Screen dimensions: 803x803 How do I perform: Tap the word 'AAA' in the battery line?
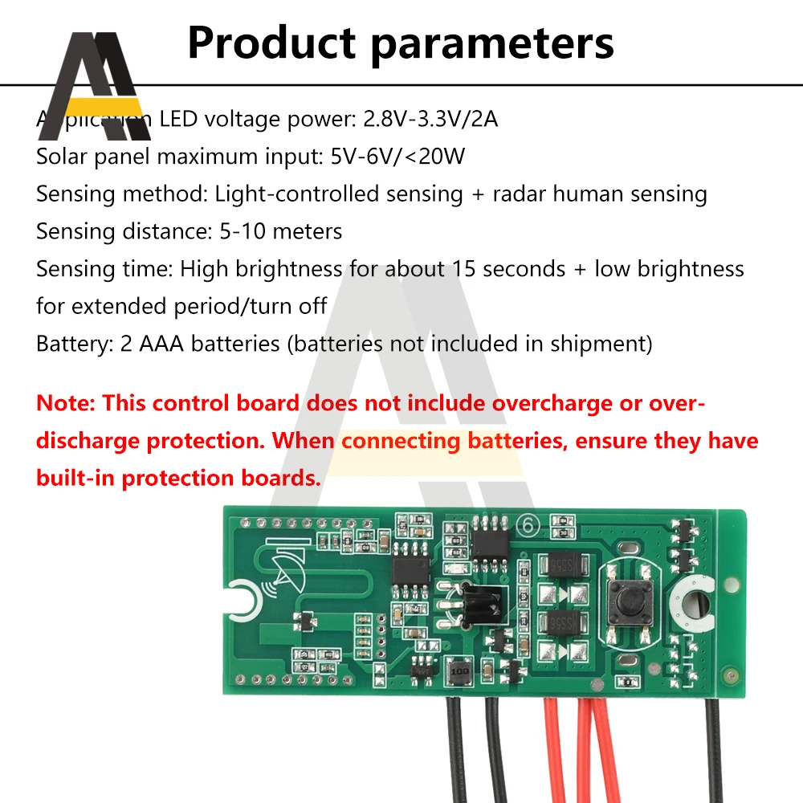point(161,344)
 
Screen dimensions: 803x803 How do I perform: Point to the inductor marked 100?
point(460,669)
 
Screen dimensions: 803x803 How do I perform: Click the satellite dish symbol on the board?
point(287,573)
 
